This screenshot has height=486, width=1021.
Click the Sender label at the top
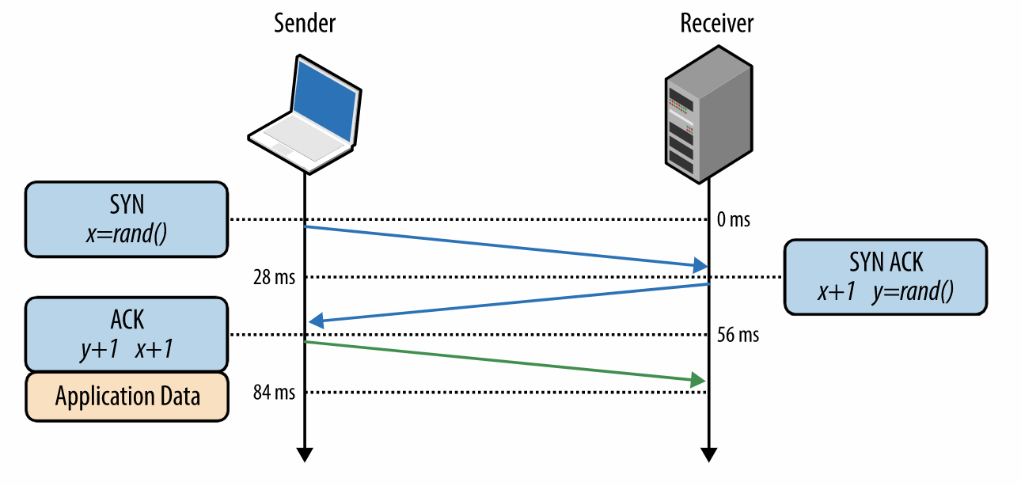click(x=304, y=24)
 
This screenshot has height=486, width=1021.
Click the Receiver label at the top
click(x=716, y=24)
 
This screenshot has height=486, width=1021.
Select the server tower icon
click(x=707, y=119)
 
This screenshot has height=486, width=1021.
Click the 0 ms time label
click(x=733, y=219)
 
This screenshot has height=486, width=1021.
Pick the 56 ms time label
click(x=738, y=335)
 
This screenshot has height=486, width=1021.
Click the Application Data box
click(x=127, y=395)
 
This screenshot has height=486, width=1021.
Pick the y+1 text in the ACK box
click(x=99, y=350)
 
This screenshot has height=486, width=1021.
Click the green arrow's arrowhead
click(x=697, y=381)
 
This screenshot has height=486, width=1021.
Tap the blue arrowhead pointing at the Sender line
click(x=317, y=321)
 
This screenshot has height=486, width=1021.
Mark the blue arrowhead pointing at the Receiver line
click(x=700, y=264)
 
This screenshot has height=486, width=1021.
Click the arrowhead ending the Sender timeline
click(x=304, y=454)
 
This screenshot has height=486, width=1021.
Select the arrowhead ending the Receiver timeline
click(x=709, y=454)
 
